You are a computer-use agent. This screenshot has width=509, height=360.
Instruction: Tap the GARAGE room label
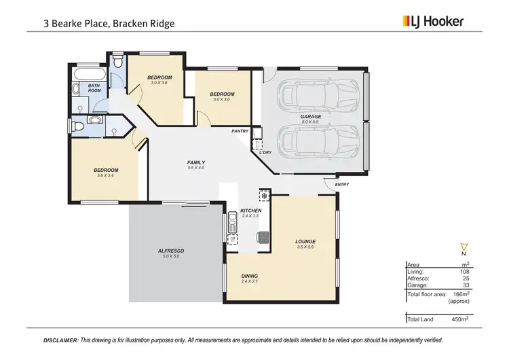click(310, 117)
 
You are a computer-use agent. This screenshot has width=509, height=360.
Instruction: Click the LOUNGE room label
click(305, 242)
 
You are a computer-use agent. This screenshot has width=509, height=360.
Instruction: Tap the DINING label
click(249, 276)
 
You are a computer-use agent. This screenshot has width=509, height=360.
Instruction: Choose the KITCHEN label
click(250, 211)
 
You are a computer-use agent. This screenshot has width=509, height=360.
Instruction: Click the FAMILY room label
click(196, 162)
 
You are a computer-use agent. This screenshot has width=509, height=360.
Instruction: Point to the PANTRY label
click(240, 131)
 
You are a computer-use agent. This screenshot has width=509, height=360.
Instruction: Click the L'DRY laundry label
click(265, 152)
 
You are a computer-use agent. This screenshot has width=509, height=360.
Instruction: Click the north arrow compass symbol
click(464, 247)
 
